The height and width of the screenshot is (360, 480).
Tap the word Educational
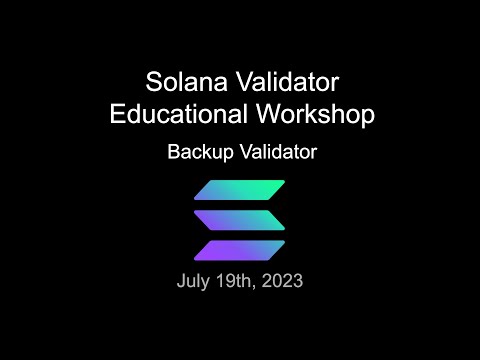pyautogui.click(x=176, y=114)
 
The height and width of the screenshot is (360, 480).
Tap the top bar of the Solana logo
pyautogui.click(x=240, y=190)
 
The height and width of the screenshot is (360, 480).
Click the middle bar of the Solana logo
pyautogui.click(x=240, y=219)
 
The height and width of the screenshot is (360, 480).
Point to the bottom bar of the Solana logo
pyautogui.click(x=240, y=249)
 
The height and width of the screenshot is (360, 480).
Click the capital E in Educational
pyautogui.click(x=116, y=114)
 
